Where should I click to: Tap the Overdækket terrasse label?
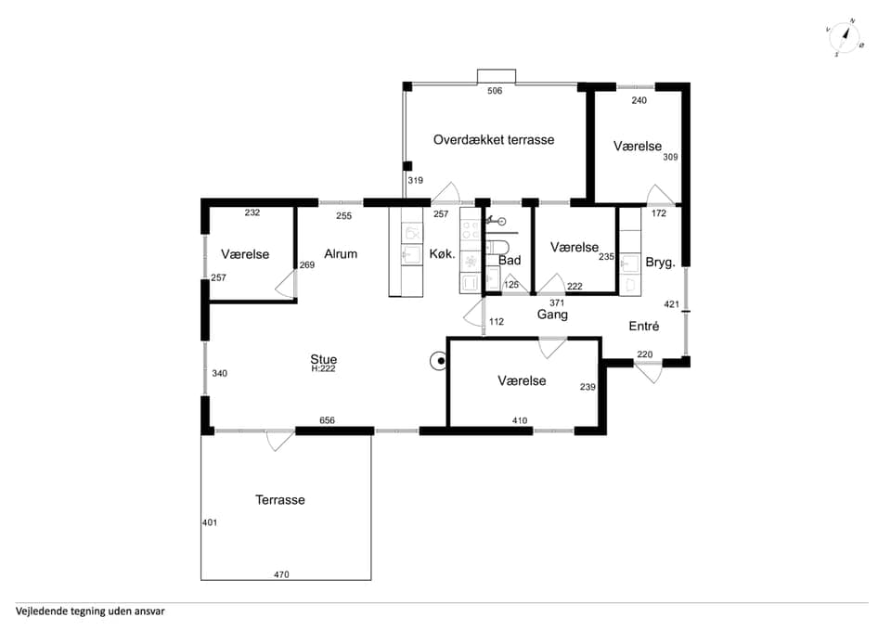[x=493, y=140]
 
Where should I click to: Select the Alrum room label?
[x=341, y=254]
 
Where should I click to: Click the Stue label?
[x=323, y=359]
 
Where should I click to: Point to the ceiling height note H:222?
[x=323, y=368]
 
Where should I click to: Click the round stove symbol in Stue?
[x=439, y=361]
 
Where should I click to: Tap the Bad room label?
[x=510, y=260]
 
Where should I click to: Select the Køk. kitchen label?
[x=442, y=254]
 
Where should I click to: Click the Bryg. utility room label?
[x=660, y=263]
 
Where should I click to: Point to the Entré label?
[x=644, y=326]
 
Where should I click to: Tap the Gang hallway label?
[x=552, y=315]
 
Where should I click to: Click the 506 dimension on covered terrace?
[x=495, y=91]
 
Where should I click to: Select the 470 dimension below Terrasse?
[x=281, y=574]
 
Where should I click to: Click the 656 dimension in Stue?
[x=327, y=420]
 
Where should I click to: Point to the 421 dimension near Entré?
[x=672, y=304]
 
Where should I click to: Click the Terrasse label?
[x=280, y=500]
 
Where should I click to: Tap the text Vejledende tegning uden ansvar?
[x=90, y=611]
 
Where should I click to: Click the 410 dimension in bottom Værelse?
[x=520, y=420]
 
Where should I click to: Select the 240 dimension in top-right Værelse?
[x=639, y=100]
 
